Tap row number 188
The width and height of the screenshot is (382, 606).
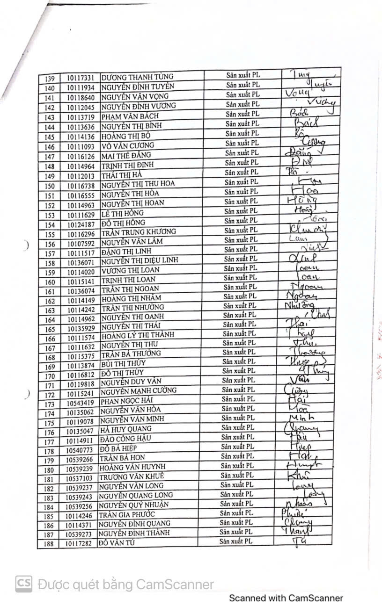(49, 544)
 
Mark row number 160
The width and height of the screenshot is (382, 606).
(50, 282)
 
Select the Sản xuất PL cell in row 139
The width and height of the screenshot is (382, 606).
(243, 75)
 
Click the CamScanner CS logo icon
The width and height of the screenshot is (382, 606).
(24, 584)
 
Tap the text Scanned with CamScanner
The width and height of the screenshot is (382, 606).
(286, 598)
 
